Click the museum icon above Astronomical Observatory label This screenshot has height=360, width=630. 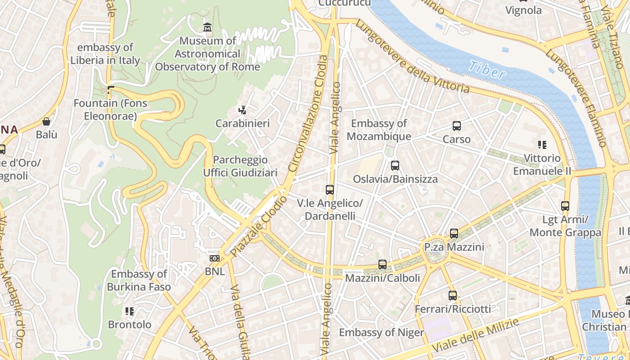(x=207, y=27)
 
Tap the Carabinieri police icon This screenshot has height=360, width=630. (x=243, y=110)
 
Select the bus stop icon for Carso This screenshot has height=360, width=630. (x=457, y=126)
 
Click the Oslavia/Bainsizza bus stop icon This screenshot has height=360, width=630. (x=395, y=166)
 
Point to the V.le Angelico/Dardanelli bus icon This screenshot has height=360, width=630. (x=330, y=190)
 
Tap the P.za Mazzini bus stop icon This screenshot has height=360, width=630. (x=454, y=234)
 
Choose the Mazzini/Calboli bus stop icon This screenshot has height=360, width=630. (x=382, y=265)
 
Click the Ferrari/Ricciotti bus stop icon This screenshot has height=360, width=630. (x=453, y=296)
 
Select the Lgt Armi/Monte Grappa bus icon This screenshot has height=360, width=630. (x=565, y=206)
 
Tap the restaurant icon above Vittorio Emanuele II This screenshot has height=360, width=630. (x=542, y=145)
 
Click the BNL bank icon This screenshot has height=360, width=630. (x=215, y=258)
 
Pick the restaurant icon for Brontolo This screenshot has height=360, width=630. (x=130, y=311)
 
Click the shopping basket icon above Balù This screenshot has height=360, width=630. (x=46, y=121)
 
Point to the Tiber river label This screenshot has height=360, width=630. (x=486, y=70)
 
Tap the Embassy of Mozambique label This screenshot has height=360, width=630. (x=379, y=130)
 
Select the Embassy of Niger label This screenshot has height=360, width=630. (x=381, y=333)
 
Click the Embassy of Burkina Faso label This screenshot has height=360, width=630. (x=139, y=280)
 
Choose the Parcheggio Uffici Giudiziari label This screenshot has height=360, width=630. (x=240, y=166)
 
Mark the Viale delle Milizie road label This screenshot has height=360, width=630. (x=476, y=335)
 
